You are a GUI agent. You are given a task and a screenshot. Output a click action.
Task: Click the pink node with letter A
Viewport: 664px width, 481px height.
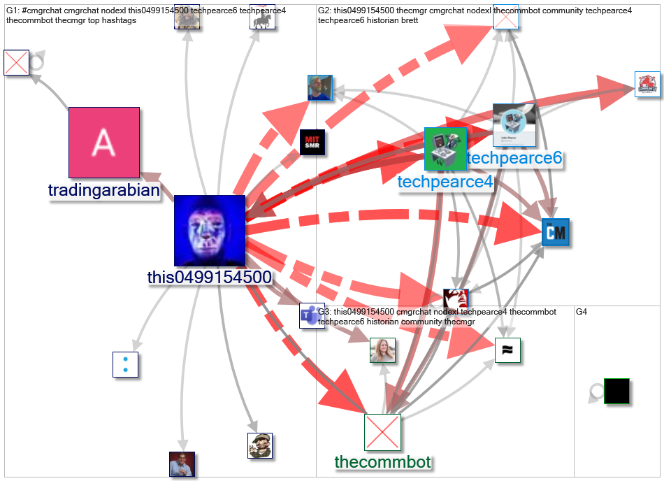(x=103, y=142)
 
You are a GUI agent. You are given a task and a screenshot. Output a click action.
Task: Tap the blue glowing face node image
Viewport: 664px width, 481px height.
(x=209, y=231)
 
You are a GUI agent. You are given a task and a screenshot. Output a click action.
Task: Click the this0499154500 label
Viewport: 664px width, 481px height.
(x=209, y=278)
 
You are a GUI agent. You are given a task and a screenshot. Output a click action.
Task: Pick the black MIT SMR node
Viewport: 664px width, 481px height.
(x=312, y=142)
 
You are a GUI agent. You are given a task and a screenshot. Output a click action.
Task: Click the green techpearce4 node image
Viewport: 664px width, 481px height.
(x=445, y=149)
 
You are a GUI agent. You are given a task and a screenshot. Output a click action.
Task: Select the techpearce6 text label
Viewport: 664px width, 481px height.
(x=514, y=159)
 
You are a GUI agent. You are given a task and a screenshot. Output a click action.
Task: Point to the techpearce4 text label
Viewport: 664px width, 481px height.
(x=445, y=182)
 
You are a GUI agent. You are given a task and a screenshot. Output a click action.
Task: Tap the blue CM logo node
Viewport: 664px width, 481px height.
(x=556, y=232)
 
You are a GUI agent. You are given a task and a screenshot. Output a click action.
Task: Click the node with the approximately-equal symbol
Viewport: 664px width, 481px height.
(x=507, y=350)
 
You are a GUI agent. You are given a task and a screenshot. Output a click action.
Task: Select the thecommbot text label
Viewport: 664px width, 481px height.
(x=382, y=461)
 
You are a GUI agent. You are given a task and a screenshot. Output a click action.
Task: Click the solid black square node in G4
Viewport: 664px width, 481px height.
(x=616, y=392)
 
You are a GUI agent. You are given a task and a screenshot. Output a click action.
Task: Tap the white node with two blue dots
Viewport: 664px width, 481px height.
(x=126, y=364)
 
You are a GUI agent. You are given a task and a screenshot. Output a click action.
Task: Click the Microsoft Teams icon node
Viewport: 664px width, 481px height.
(x=312, y=315)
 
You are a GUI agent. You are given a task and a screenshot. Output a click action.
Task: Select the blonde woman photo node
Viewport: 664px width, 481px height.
(x=382, y=350)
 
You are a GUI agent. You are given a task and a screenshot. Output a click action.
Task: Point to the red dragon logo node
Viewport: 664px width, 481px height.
(x=647, y=85)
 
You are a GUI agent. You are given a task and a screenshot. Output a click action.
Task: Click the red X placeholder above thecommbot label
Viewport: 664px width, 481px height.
(x=382, y=431)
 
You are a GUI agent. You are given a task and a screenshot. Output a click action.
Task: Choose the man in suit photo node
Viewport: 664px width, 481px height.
(x=182, y=464)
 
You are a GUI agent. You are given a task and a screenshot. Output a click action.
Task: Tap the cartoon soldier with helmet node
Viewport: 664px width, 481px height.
(x=259, y=445)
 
